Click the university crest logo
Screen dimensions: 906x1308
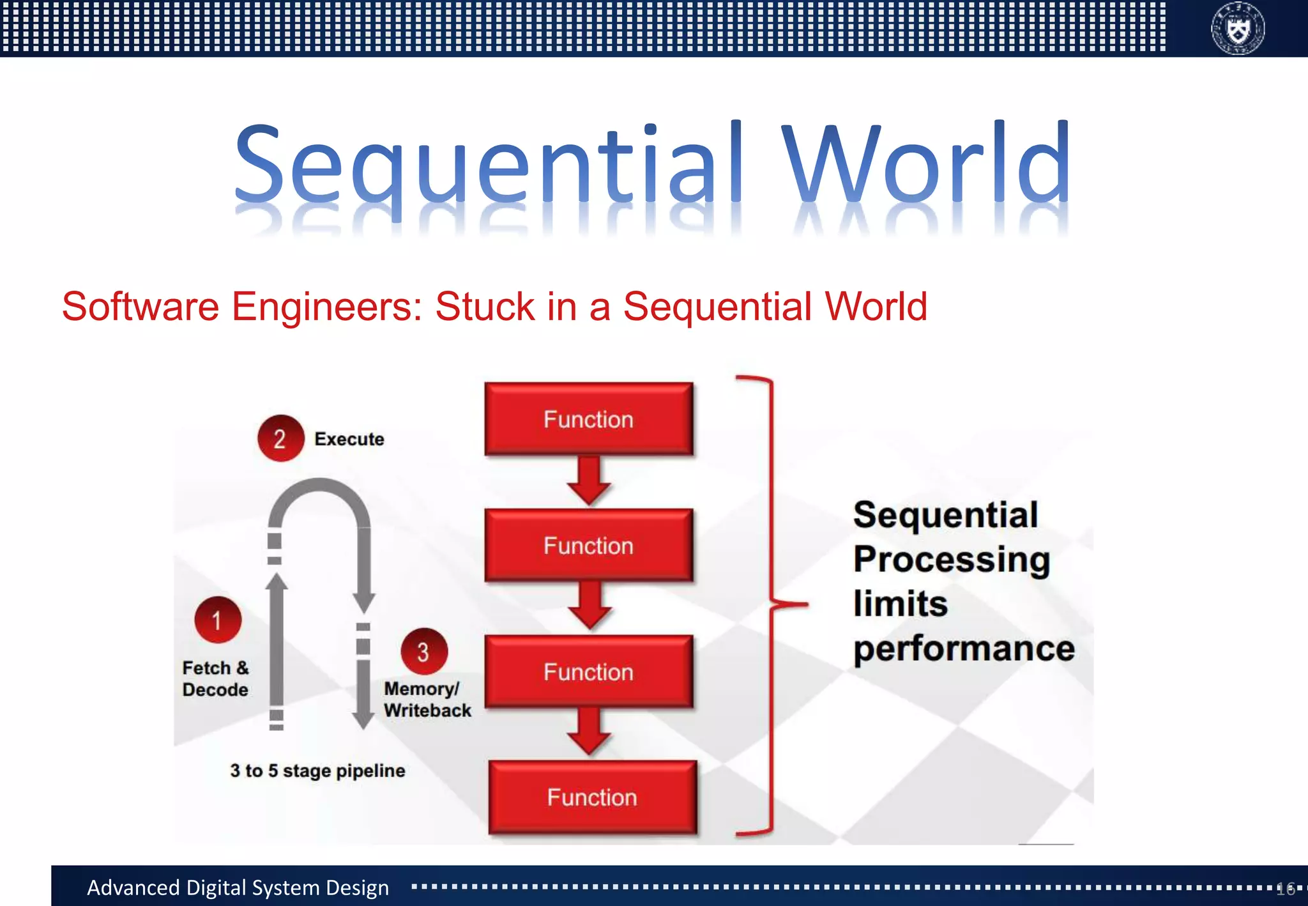(x=1237, y=29)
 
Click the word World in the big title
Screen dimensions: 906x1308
(x=926, y=163)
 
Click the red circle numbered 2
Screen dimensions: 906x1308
(x=280, y=438)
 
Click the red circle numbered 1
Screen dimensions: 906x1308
(x=217, y=620)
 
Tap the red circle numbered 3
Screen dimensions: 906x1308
(x=423, y=652)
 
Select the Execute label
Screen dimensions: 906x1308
(x=349, y=439)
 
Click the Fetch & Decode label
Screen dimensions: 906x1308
(x=215, y=679)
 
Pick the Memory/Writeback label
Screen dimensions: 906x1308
(x=427, y=700)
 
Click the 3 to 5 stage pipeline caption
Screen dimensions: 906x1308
(x=317, y=771)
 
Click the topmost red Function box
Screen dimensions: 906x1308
(x=588, y=419)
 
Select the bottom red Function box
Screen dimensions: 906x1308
(x=592, y=797)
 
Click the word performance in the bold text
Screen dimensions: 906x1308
(x=964, y=649)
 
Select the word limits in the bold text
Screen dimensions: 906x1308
(x=901, y=604)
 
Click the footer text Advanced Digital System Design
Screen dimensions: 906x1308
(x=238, y=887)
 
